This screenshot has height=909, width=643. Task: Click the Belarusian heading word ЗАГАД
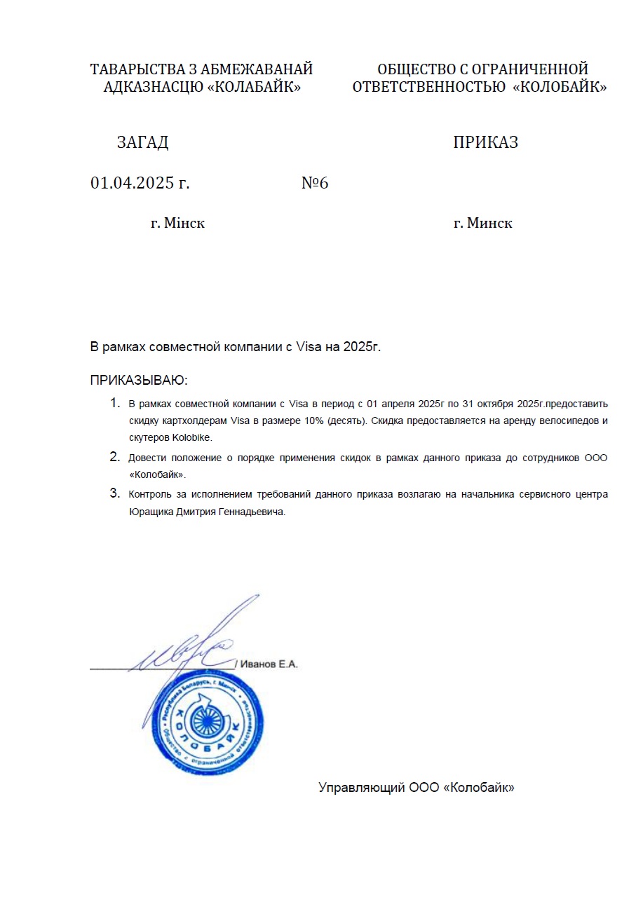[142, 142]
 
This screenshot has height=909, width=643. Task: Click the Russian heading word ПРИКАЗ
[485, 142]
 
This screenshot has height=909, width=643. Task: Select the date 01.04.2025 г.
[140, 184]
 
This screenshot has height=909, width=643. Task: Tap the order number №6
[315, 184]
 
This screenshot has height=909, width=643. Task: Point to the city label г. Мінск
[177, 224]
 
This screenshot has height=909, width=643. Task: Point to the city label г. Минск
[482, 224]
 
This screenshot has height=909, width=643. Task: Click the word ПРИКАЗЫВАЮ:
[140, 381]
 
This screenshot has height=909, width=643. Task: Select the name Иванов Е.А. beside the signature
[269, 664]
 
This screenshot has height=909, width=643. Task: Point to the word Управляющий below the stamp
[361, 787]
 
